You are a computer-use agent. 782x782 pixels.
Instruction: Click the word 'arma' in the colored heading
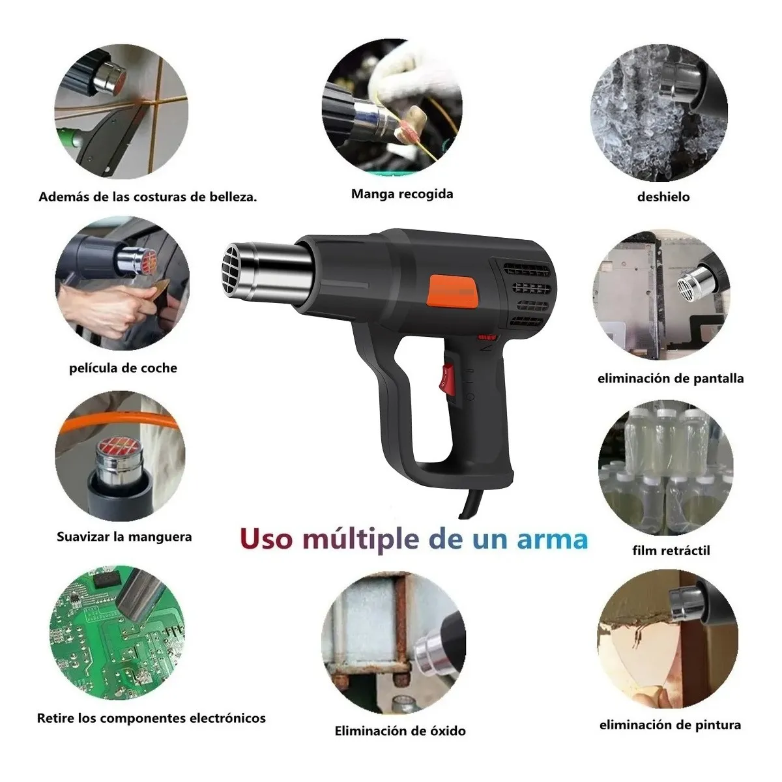(552, 540)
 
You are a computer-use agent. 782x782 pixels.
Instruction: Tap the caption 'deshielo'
(663, 196)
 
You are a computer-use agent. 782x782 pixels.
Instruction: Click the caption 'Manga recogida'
(401, 194)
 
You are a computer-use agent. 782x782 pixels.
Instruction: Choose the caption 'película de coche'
(123, 368)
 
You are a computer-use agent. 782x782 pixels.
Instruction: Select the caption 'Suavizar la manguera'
(124, 537)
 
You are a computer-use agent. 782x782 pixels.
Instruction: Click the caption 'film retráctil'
(662, 550)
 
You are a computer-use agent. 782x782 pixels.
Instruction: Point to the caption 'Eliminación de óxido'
(400, 731)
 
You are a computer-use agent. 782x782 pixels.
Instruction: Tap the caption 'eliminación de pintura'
(670, 724)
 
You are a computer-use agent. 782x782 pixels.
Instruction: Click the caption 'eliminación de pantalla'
(670, 378)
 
